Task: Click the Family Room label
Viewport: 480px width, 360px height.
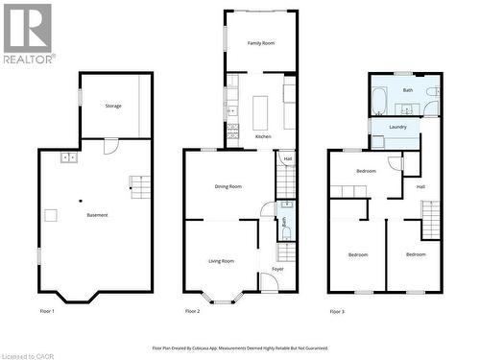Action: pos(261,43)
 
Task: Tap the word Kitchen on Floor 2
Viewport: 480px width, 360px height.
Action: pos(262,136)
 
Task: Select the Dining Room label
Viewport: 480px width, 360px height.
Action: pos(228,186)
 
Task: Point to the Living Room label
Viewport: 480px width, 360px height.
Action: pos(222,260)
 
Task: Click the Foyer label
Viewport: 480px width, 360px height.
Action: pos(277,269)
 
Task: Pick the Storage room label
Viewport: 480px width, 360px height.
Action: pos(113,106)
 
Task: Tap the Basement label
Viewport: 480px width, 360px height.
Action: pos(97,214)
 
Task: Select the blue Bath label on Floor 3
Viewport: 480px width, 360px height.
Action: pos(407,90)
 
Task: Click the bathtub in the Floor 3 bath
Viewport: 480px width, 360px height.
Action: pos(380,100)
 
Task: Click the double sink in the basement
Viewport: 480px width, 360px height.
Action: pos(68,157)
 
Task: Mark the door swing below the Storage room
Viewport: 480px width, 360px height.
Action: pos(110,146)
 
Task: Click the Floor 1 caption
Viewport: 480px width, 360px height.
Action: pos(46,311)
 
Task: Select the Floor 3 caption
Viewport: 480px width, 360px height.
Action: pos(336,311)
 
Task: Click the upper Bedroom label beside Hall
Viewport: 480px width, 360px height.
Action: pos(366,171)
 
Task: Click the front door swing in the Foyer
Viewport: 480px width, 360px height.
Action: pos(270,281)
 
